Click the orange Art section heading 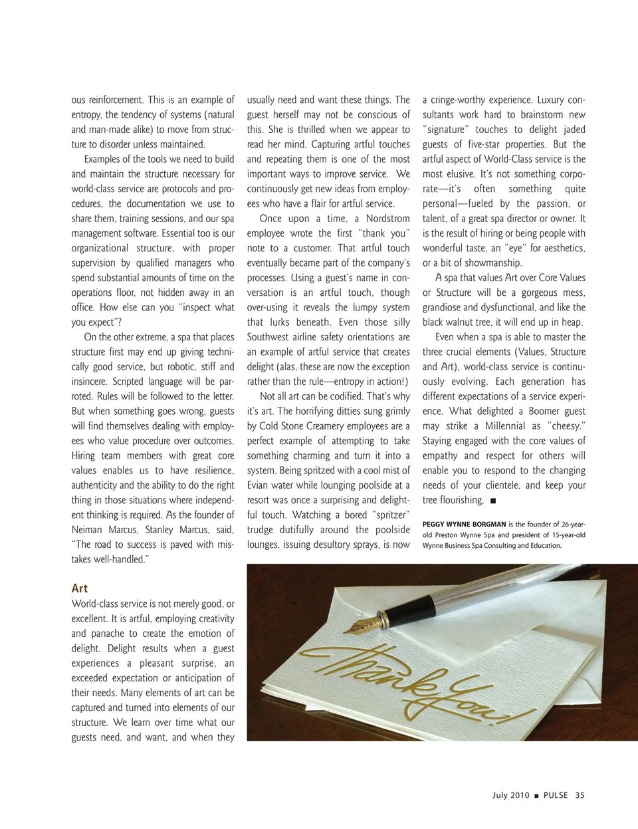click(x=79, y=588)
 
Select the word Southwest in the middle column click(x=272, y=337)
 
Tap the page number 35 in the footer click(x=580, y=795)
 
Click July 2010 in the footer click(x=510, y=795)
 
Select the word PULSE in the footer click(x=556, y=795)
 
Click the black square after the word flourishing click(x=493, y=501)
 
